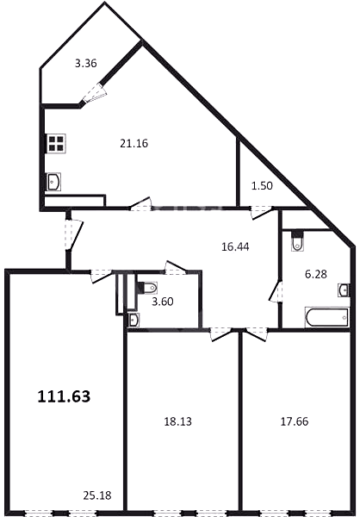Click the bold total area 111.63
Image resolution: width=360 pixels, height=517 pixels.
tap(64, 396)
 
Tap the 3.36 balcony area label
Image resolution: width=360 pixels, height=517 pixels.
tap(86, 63)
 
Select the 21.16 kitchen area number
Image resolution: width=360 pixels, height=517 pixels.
tap(133, 143)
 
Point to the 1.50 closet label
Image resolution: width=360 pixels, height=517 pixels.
tap(262, 186)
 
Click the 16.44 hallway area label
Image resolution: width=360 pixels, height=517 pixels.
tap(235, 246)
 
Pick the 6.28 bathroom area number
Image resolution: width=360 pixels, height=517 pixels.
tap(316, 274)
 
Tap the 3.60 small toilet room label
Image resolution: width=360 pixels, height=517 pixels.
tap(163, 302)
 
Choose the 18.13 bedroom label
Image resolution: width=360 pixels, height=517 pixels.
tap(178, 421)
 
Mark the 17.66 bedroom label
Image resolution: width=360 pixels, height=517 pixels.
tap(295, 421)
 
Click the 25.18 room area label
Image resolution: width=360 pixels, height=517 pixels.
tap(97, 495)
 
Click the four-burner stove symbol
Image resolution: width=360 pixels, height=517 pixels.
tap(55, 143)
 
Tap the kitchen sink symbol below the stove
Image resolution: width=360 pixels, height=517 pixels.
tap(53, 182)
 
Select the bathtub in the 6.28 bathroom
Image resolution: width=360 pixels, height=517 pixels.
tap(327, 318)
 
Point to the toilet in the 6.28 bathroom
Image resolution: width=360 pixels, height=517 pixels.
tap(298, 241)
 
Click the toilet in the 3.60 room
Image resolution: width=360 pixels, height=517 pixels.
tap(146, 288)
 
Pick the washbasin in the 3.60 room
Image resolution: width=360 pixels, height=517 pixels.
tap(133, 321)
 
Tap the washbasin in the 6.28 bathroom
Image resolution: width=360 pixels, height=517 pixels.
tap(344, 290)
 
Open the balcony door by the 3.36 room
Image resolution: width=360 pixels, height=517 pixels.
tap(95, 92)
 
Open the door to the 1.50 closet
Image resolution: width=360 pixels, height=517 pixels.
tap(262, 212)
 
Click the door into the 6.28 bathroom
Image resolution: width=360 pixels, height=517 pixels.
tap(276, 291)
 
